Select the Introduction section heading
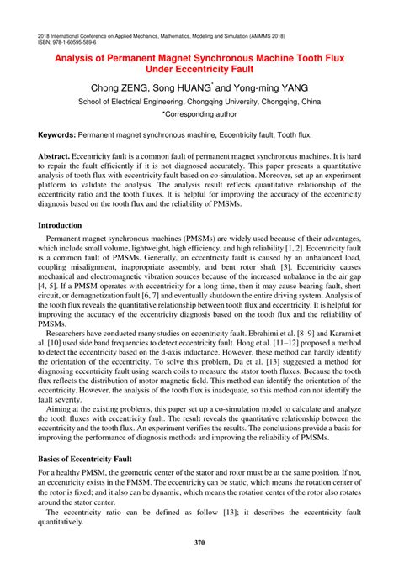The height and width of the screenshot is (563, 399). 72,225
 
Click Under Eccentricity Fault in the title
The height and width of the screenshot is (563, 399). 199,71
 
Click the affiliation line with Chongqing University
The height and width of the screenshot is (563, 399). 199,101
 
